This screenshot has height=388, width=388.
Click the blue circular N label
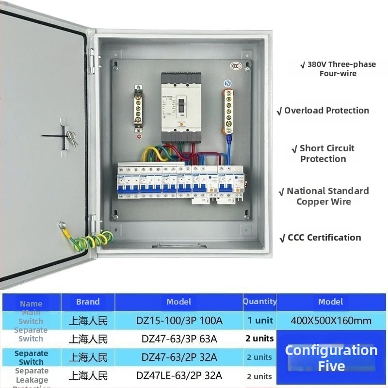(x=227, y=83)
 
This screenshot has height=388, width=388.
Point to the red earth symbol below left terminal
(x=139, y=137)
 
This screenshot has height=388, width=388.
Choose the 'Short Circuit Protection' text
(x=323, y=153)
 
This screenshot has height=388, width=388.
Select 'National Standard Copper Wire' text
(x=323, y=196)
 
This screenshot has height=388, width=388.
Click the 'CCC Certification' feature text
(x=321, y=238)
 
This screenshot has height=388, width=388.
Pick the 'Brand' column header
(x=88, y=302)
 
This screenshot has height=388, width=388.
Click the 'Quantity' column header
(x=259, y=302)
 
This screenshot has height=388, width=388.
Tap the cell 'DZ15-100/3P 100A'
(x=179, y=321)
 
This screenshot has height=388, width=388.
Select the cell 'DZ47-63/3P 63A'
(x=179, y=339)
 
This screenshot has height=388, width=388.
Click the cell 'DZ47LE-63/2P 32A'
(x=179, y=375)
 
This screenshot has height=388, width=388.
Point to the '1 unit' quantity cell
(x=260, y=321)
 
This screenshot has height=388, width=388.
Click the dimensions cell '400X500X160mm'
(x=331, y=321)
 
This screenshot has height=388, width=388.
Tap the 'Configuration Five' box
(x=331, y=357)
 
